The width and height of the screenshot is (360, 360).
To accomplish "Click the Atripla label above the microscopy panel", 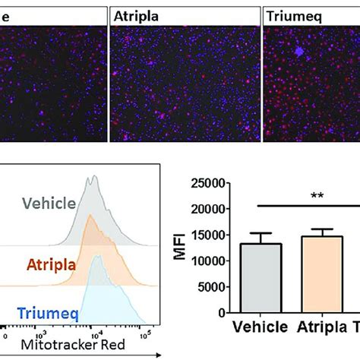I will (x=134, y=15).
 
